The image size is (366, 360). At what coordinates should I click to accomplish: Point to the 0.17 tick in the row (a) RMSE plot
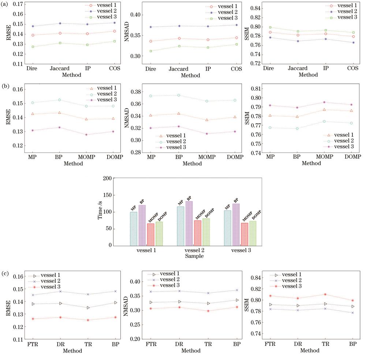click(x=17, y=4)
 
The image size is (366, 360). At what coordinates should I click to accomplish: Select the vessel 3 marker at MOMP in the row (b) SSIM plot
click(x=324, y=102)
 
